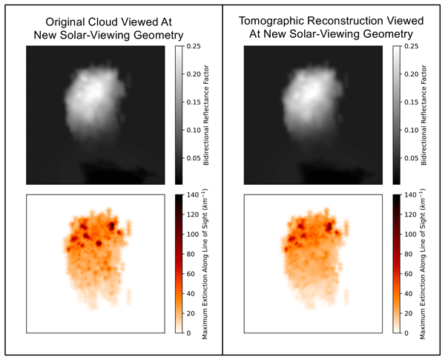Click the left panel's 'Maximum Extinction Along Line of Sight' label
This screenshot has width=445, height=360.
point(205,264)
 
